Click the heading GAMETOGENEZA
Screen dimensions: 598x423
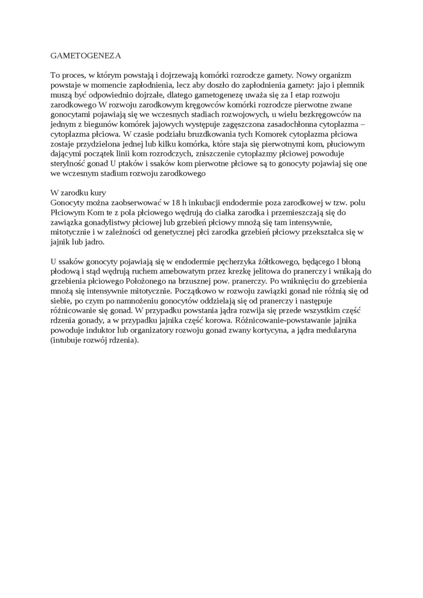click(85, 56)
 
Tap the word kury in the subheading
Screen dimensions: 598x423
click(91, 193)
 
